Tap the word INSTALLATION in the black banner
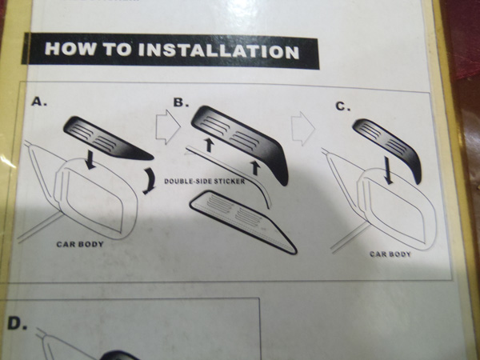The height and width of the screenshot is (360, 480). [x=218, y=50]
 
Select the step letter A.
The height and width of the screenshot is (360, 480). [x=39, y=102]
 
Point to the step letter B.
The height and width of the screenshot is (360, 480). [x=181, y=102]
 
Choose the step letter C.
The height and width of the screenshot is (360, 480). [x=343, y=106]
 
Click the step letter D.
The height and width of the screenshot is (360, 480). [x=17, y=323]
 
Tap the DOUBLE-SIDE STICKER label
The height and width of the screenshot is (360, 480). [x=205, y=182]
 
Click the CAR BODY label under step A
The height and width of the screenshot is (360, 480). [x=80, y=244]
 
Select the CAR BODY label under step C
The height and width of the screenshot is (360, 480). [x=390, y=254]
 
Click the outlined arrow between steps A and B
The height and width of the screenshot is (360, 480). [x=168, y=126]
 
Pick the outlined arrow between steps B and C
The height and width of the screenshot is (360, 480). [x=302, y=128]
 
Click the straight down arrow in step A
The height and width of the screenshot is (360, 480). [x=90, y=159]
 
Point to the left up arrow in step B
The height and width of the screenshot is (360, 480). [x=209, y=145]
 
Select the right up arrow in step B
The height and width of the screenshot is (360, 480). [x=254, y=168]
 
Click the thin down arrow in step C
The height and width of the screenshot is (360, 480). [x=388, y=170]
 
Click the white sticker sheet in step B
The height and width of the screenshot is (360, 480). [x=243, y=222]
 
